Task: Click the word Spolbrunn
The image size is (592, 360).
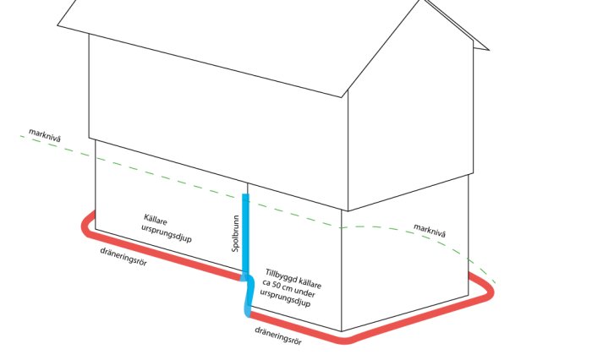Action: click(236, 233)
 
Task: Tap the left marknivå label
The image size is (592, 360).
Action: click(45, 135)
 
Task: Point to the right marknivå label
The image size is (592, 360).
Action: click(430, 231)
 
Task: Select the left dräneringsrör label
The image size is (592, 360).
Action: click(123, 257)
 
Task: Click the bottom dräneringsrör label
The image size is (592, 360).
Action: click(278, 335)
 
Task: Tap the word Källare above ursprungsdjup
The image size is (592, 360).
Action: click(155, 219)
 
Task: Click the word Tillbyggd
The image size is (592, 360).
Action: click(279, 275)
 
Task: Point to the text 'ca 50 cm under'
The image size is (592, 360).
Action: click(288, 288)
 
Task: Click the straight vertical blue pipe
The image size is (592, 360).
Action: click(245, 233)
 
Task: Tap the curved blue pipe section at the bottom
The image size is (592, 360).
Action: click(248, 295)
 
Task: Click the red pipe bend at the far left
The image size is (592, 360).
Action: click(86, 226)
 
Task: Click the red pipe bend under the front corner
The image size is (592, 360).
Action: click(348, 339)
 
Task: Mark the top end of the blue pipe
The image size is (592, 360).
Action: click(245, 194)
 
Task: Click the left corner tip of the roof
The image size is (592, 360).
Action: click(58, 25)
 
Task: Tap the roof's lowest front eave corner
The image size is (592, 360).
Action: click(342, 97)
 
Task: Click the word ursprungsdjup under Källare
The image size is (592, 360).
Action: click(167, 233)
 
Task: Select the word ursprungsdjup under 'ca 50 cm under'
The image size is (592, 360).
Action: click(285, 298)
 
